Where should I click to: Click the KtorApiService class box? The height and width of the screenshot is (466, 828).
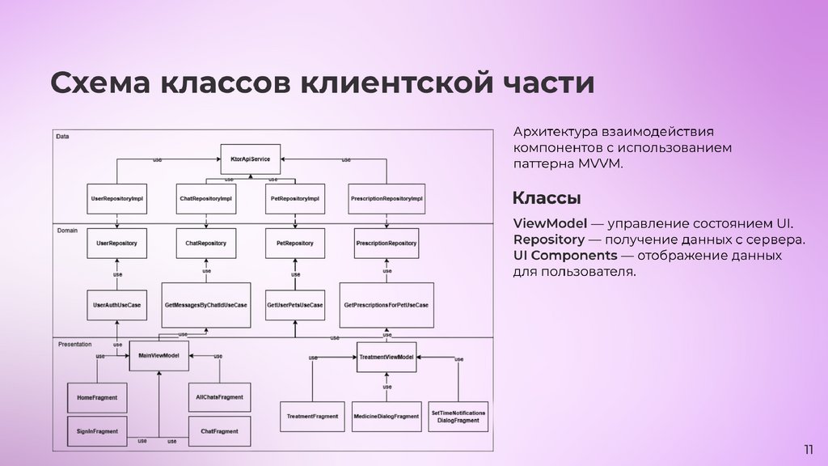[x=250, y=159]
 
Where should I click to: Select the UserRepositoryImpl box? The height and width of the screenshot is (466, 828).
[x=117, y=199]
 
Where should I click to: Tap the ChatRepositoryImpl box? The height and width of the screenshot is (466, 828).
[x=206, y=199]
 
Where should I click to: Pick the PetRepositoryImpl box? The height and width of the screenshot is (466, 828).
[x=294, y=199]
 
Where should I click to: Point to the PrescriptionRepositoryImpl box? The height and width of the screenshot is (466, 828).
[x=387, y=199]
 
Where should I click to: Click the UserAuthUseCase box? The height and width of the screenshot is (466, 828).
[x=117, y=305]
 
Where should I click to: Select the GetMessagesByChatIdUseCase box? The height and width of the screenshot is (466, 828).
[x=206, y=305]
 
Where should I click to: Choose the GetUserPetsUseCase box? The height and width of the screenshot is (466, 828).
[x=294, y=305]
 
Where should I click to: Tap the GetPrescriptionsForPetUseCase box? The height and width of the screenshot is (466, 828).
[x=387, y=305]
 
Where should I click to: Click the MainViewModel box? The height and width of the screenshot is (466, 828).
[x=158, y=356]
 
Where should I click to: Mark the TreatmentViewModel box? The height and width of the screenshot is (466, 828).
[x=387, y=357]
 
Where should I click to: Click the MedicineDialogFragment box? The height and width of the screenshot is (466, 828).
[x=387, y=417]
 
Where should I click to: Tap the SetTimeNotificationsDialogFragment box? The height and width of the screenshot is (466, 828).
[x=458, y=417]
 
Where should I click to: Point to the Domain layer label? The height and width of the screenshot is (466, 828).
[x=67, y=231]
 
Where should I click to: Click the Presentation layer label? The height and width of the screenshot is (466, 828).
[x=75, y=344]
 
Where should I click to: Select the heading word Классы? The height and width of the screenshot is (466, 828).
[x=547, y=199]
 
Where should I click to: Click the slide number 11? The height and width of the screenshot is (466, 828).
[x=808, y=450]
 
